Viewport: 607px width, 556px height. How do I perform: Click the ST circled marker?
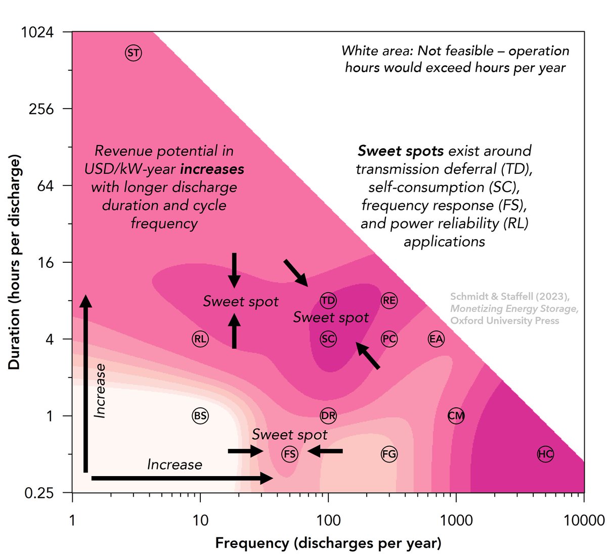click(x=134, y=53)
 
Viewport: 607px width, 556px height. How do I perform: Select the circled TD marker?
click(x=328, y=301)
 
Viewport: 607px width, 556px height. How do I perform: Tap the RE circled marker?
click(x=389, y=301)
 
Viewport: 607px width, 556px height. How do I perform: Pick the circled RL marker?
click(x=200, y=339)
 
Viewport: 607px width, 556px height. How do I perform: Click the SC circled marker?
click(x=328, y=339)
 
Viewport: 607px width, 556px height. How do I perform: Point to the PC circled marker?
click(x=389, y=339)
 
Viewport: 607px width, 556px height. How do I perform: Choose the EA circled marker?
click(x=436, y=339)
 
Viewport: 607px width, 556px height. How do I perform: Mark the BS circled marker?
click(x=200, y=416)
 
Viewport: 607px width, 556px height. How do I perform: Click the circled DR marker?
click(x=328, y=416)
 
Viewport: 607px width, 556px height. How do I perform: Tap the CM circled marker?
click(x=456, y=416)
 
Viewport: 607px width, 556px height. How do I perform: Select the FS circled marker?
click(x=290, y=454)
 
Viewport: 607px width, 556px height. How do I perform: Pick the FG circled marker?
click(x=389, y=454)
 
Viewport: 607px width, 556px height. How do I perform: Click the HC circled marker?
click(x=545, y=454)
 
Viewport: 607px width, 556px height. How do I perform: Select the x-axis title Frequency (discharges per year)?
click(x=328, y=543)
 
